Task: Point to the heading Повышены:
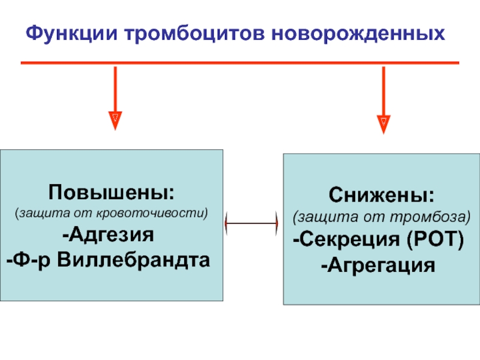(112, 193)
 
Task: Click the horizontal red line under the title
(240, 62)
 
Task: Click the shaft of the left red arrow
(115, 87)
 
